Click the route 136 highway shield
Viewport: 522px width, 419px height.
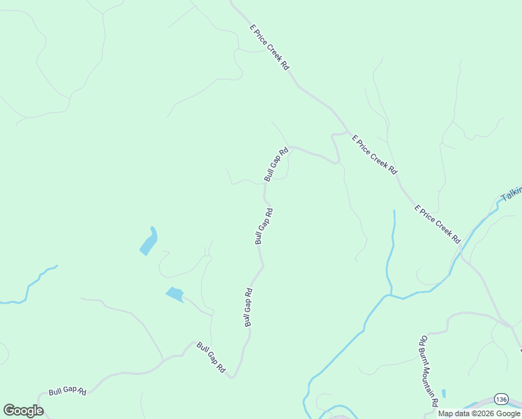point(500,399)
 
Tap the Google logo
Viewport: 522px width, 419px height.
point(23,411)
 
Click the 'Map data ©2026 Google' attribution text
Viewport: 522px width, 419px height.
point(479,413)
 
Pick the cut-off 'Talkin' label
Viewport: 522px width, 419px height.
point(512,193)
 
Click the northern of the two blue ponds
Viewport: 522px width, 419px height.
point(149,242)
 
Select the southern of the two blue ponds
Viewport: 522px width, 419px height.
point(174,294)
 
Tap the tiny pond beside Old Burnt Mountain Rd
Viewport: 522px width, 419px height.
point(444,393)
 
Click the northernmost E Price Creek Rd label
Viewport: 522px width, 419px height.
point(269,47)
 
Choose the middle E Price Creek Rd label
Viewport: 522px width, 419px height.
point(374,154)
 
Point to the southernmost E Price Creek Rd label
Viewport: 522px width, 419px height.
point(438,224)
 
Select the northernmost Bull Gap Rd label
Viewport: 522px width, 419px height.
point(276,165)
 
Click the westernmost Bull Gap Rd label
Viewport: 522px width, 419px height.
point(67,392)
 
